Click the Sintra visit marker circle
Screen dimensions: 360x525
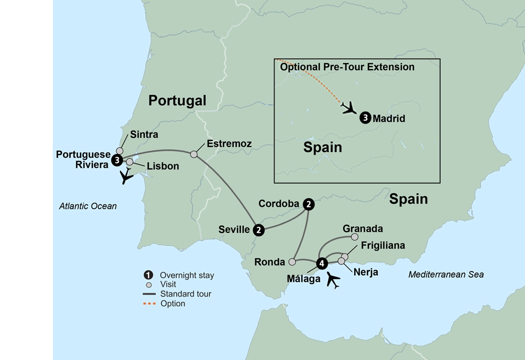[x=120, y=151]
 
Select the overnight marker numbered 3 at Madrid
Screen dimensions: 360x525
[x=365, y=118]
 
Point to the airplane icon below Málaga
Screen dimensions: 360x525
[x=333, y=280]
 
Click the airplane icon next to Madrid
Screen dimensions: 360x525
[x=349, y=108]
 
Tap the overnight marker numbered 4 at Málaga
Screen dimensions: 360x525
[x=322, y=263]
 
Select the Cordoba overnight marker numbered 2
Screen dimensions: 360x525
[x=308, y=204]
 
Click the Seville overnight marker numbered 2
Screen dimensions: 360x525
[x=259, y=230]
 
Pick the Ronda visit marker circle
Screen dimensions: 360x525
[x=292, y=262]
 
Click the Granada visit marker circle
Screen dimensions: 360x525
[x=355, y=237]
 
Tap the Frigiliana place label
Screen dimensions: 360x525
[x=383, y=246]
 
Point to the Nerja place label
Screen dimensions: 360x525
[x=365, y=273]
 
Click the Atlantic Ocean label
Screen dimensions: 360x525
[x=88, y=206]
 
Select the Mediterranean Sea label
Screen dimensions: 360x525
[x=446, y=275]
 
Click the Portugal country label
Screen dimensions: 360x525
[x=177, y=101]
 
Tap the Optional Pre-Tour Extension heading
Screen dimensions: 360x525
[x=347, y=67]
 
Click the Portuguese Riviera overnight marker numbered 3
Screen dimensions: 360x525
[x=117, y=160]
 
